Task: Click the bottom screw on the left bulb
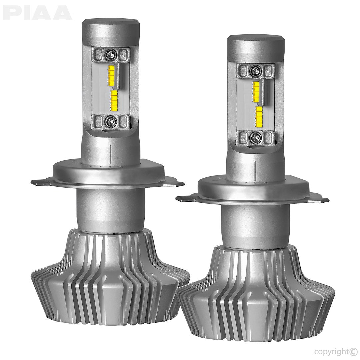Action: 110,121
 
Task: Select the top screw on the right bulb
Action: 256,70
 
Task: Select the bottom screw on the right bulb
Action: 256,137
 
